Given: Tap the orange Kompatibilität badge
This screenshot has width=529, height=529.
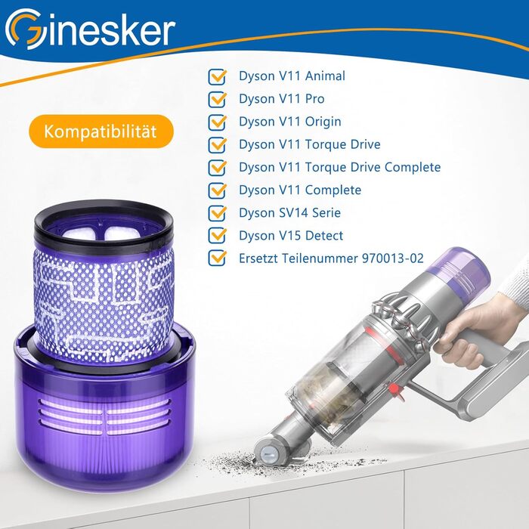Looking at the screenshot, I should coord(100,131).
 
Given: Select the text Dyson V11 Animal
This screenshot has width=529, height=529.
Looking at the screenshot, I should coord(281,76).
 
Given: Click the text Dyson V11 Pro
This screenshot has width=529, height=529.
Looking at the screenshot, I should coord(271,99).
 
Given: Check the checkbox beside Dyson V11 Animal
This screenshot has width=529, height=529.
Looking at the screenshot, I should coord(218,76).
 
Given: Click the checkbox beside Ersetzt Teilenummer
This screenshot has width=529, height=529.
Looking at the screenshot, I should coord(218,258).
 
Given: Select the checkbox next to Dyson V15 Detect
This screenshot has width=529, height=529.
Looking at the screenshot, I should coord(218,235).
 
